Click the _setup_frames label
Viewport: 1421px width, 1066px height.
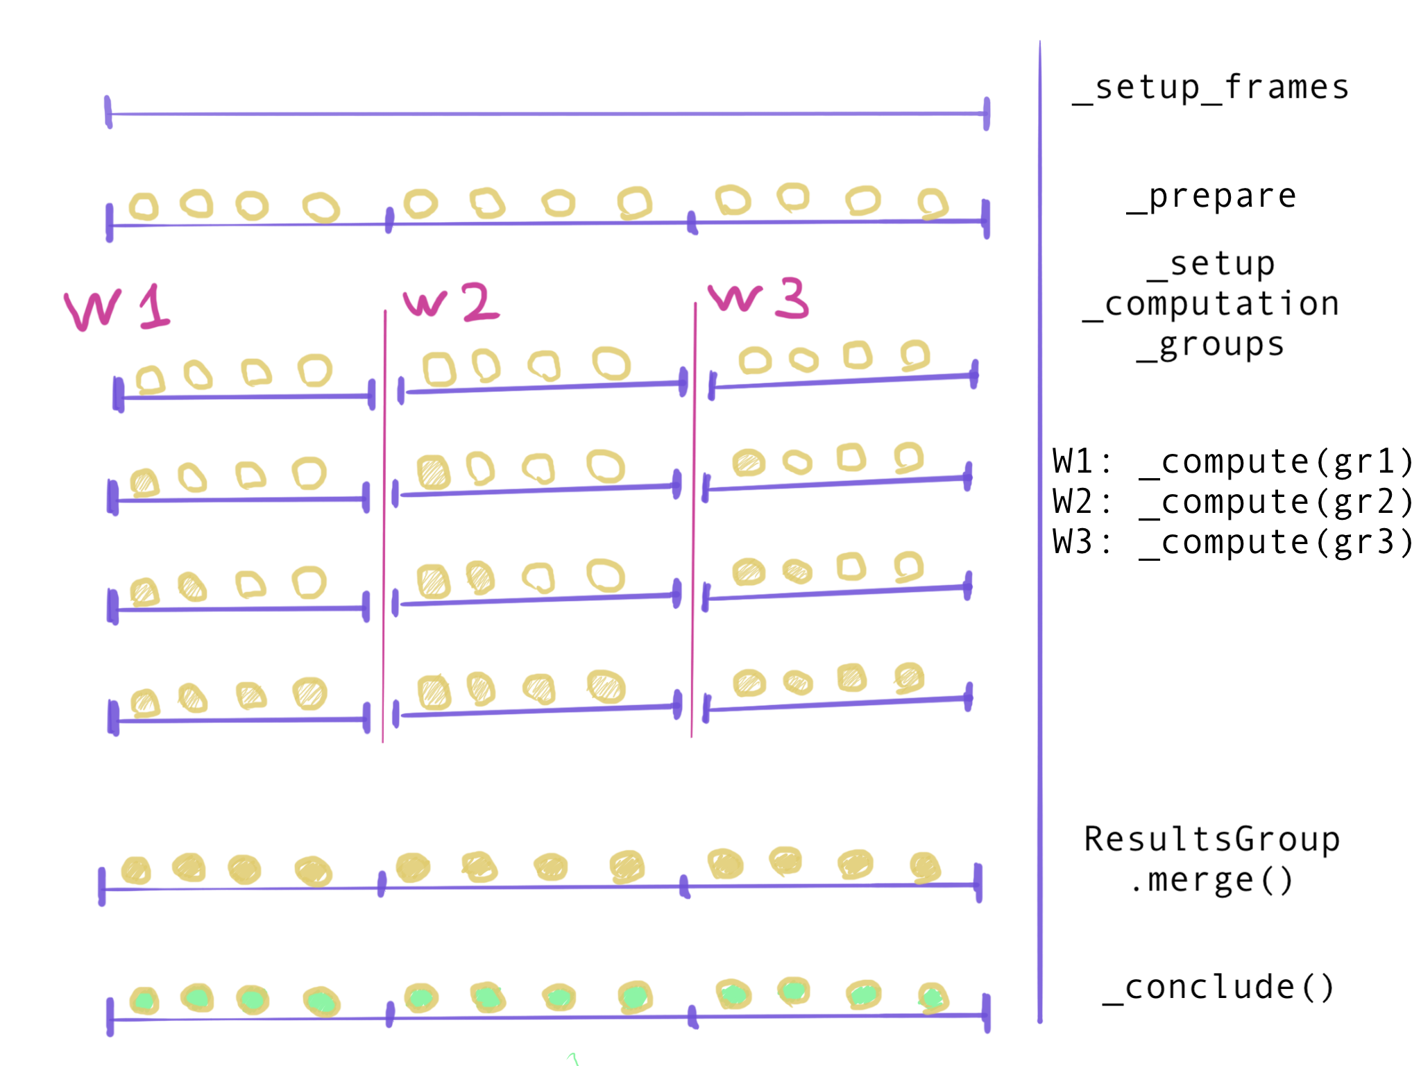tap(1211, 88)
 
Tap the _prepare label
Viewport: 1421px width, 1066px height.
tap(1211, 196)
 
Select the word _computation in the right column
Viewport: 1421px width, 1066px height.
tap(1211, 305)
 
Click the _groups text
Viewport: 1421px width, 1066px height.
tap(1211, 345)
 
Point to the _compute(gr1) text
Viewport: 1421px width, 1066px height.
tap(1277, 462)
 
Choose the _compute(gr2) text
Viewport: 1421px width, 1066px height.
tap(1277, 502)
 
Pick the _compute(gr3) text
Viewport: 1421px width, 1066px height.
tap(1277, 543)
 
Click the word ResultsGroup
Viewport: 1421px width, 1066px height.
tap(1211, 840)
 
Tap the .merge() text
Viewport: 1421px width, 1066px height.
tap(1211, 880)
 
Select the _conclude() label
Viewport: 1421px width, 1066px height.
tap(1218, 988)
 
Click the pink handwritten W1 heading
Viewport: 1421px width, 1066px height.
tap(117, 307)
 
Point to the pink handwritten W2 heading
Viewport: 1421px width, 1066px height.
tap(451, 302)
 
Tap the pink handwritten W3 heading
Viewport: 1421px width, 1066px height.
tap(758, 298)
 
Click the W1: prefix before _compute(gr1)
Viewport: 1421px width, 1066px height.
tap(1082, 462)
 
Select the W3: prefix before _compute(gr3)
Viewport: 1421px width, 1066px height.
tap(1082, 543)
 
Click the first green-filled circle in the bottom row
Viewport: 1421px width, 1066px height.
tap(144, 1001)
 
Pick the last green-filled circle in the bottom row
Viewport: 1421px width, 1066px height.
tap(933, 998)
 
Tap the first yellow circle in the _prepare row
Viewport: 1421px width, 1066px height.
tap(144, 207)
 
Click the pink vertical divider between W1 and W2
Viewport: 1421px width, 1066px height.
tap(384, 527)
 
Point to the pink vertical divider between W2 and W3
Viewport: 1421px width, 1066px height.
tap(694, 521)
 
